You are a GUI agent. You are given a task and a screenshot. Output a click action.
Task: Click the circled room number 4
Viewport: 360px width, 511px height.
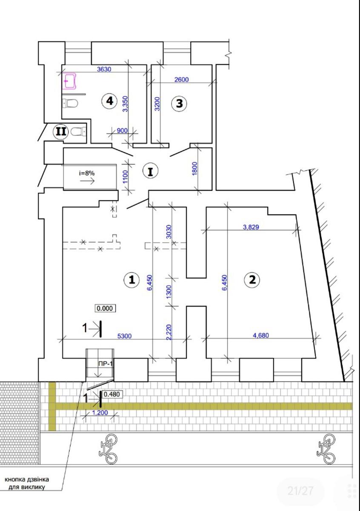point(110,101)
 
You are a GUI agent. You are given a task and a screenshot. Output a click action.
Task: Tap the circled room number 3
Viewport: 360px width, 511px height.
point(180,103)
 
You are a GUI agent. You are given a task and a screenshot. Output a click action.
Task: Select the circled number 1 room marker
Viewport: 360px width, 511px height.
point(132,279)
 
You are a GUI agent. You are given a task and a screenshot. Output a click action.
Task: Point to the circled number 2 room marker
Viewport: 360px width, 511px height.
point(252,279)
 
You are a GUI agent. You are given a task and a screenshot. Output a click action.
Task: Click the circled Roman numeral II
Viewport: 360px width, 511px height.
point(61,132)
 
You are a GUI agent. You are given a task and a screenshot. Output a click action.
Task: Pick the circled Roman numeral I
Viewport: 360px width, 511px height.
point(151,171)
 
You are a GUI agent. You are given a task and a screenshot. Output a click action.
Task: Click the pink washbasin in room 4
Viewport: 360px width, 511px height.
point(69,81)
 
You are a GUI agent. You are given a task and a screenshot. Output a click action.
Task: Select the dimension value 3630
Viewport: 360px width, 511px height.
point(104,69)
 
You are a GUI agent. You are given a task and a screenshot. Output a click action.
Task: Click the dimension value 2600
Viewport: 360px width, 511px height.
point(181,79)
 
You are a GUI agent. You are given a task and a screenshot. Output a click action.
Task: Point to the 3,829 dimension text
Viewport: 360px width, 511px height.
point(251,227)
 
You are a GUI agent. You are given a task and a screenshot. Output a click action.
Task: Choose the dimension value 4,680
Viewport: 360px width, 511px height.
point(261,336)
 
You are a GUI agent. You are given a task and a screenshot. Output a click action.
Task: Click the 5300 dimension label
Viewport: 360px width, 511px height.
point(125,336)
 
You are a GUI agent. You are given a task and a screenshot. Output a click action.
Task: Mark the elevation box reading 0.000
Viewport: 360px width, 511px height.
point(105,308)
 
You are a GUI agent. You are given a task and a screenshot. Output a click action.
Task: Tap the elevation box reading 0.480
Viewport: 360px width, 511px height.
point(112,394)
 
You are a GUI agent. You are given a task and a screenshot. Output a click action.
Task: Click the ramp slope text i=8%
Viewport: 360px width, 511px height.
point(87,173)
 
